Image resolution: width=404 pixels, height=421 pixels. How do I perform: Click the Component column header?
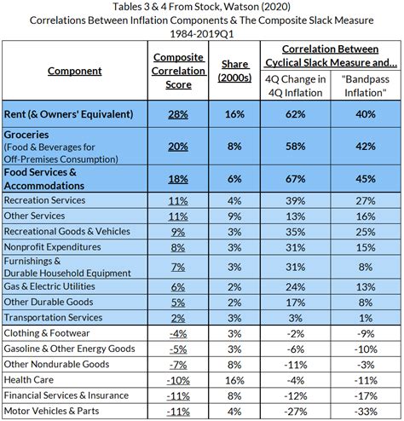[x=74, y=71]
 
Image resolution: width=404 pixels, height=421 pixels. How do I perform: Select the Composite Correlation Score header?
[x=178, y=71]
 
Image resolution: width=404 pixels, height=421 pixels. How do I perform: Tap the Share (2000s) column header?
[x=234, y=71]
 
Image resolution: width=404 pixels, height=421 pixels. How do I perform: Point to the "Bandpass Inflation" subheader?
[x=366, y=86]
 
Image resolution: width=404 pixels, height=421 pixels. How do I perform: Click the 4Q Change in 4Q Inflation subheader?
[x=296, y=86]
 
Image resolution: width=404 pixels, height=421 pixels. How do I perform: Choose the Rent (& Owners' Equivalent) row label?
[x=68, y=114]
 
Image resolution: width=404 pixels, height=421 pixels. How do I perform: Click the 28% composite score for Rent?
[x=178, y=114]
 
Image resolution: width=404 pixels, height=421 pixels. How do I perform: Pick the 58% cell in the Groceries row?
[x=296, y=147]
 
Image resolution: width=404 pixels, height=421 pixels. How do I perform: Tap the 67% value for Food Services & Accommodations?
[x=296, y=179]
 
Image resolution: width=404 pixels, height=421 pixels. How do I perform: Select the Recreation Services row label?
[x=44, y=200]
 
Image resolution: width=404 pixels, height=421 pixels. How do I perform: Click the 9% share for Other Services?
[x=234, y=216]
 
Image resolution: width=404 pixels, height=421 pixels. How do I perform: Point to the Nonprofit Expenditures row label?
[x=52, y=247]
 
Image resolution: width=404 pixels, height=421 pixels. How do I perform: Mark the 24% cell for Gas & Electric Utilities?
[x=296, y=287]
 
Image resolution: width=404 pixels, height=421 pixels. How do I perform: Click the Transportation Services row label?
[x=53, y=317]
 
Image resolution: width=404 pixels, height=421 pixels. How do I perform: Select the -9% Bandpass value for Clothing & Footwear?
[x=366, y=333]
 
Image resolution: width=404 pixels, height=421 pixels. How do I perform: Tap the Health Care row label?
[x=29, y=380]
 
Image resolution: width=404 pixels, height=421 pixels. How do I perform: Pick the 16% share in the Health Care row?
[x=234, y=380]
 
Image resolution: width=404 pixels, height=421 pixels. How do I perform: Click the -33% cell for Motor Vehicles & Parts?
[x=366, y=412]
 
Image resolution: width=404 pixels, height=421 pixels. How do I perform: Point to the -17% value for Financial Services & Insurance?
[x=366, y=396]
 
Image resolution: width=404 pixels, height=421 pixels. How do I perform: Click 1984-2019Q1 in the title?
[x=202, y=34]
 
